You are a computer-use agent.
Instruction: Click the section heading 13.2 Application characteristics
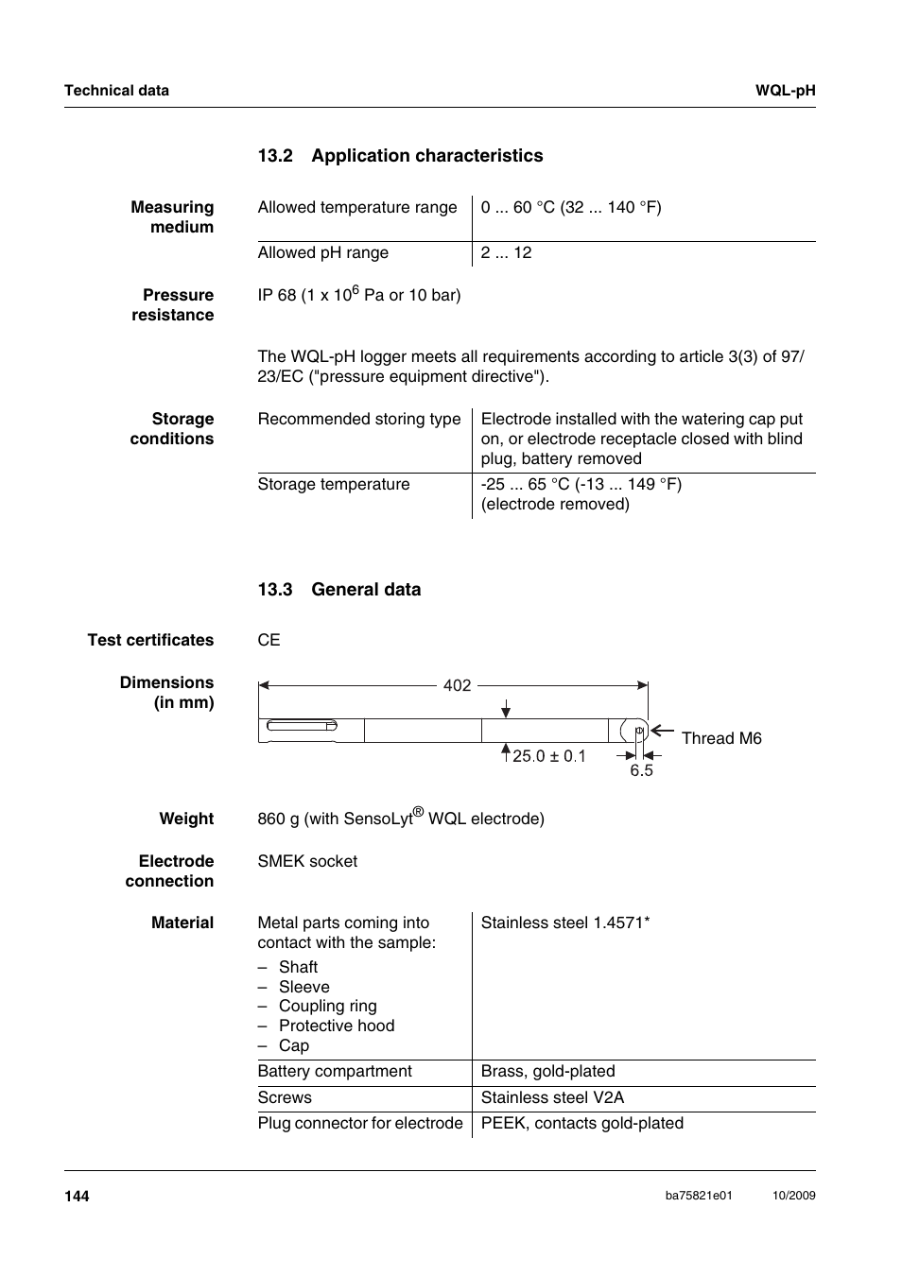point(400,156)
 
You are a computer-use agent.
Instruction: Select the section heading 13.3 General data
point(338,590)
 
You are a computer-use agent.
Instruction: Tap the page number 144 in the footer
point(77,1196)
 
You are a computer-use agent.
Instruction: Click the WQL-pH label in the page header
point(785,91)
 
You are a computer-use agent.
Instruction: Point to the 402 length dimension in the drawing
point(457,685)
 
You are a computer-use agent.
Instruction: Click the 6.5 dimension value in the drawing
point(641,770)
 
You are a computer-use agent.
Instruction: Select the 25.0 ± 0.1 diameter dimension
point(548,756)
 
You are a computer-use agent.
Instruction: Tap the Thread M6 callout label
point(720,738)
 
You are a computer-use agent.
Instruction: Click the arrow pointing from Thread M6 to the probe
point(662,731)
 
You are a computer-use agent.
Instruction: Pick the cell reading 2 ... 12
point(506,253)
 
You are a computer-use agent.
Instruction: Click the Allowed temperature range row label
point(356,208)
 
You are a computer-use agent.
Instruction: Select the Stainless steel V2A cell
point(552,1097)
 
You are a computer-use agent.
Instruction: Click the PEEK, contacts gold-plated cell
point(581,1123)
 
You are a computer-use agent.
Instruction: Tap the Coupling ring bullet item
point(327,1006)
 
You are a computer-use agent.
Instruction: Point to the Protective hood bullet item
point(336,1026)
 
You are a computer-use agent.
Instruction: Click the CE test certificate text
point(269,640)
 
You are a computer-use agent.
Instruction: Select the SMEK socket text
point(307,861)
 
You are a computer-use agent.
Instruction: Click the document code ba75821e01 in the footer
point(698,1196)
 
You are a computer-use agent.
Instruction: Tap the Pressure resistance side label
point(173,305)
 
